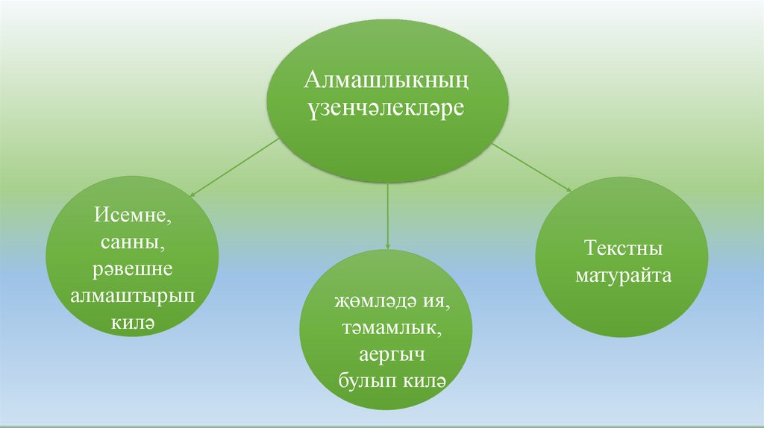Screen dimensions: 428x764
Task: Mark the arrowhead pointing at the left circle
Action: (192, 195)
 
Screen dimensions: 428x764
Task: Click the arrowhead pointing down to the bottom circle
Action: (388, 245)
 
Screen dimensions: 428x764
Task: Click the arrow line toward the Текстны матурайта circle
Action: (530, 167)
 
